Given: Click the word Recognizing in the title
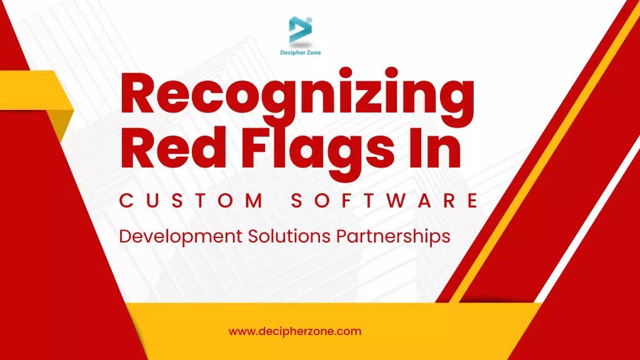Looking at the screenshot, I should (x=296, y=96).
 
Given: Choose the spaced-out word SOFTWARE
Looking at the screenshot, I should (x=385, y=201).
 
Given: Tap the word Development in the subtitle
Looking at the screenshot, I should (x=181, y=237).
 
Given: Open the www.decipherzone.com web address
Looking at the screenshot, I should (x=295, y=331).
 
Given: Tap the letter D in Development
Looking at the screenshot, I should (x=124, y=236).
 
